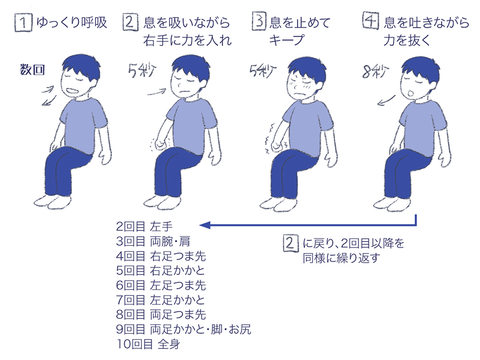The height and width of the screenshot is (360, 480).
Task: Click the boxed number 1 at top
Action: tap(23, 23)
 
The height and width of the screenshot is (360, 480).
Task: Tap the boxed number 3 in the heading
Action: tap(259, 21)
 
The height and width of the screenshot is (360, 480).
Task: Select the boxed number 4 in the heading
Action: tap(371, 20)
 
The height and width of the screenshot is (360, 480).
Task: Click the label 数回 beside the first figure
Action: tap(33, 70)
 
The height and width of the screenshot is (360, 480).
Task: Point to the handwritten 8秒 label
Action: tap(375, 71)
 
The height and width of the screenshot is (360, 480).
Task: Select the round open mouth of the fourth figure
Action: tap(412, 92)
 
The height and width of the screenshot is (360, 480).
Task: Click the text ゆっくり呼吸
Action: tap(71, 23)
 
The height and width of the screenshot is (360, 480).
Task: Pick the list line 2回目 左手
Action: tap(144, 227)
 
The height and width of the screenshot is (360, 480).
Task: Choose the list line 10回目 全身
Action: tap(148, 344)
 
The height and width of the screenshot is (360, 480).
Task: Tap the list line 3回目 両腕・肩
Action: tap(153, 242)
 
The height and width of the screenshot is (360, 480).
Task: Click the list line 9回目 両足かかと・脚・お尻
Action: tap(183, 330)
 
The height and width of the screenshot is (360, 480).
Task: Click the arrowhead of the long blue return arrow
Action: tap(204, 225)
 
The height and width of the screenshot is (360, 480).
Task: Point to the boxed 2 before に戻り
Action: tap(290, 243)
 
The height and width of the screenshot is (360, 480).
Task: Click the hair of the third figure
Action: tap(307, 69)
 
